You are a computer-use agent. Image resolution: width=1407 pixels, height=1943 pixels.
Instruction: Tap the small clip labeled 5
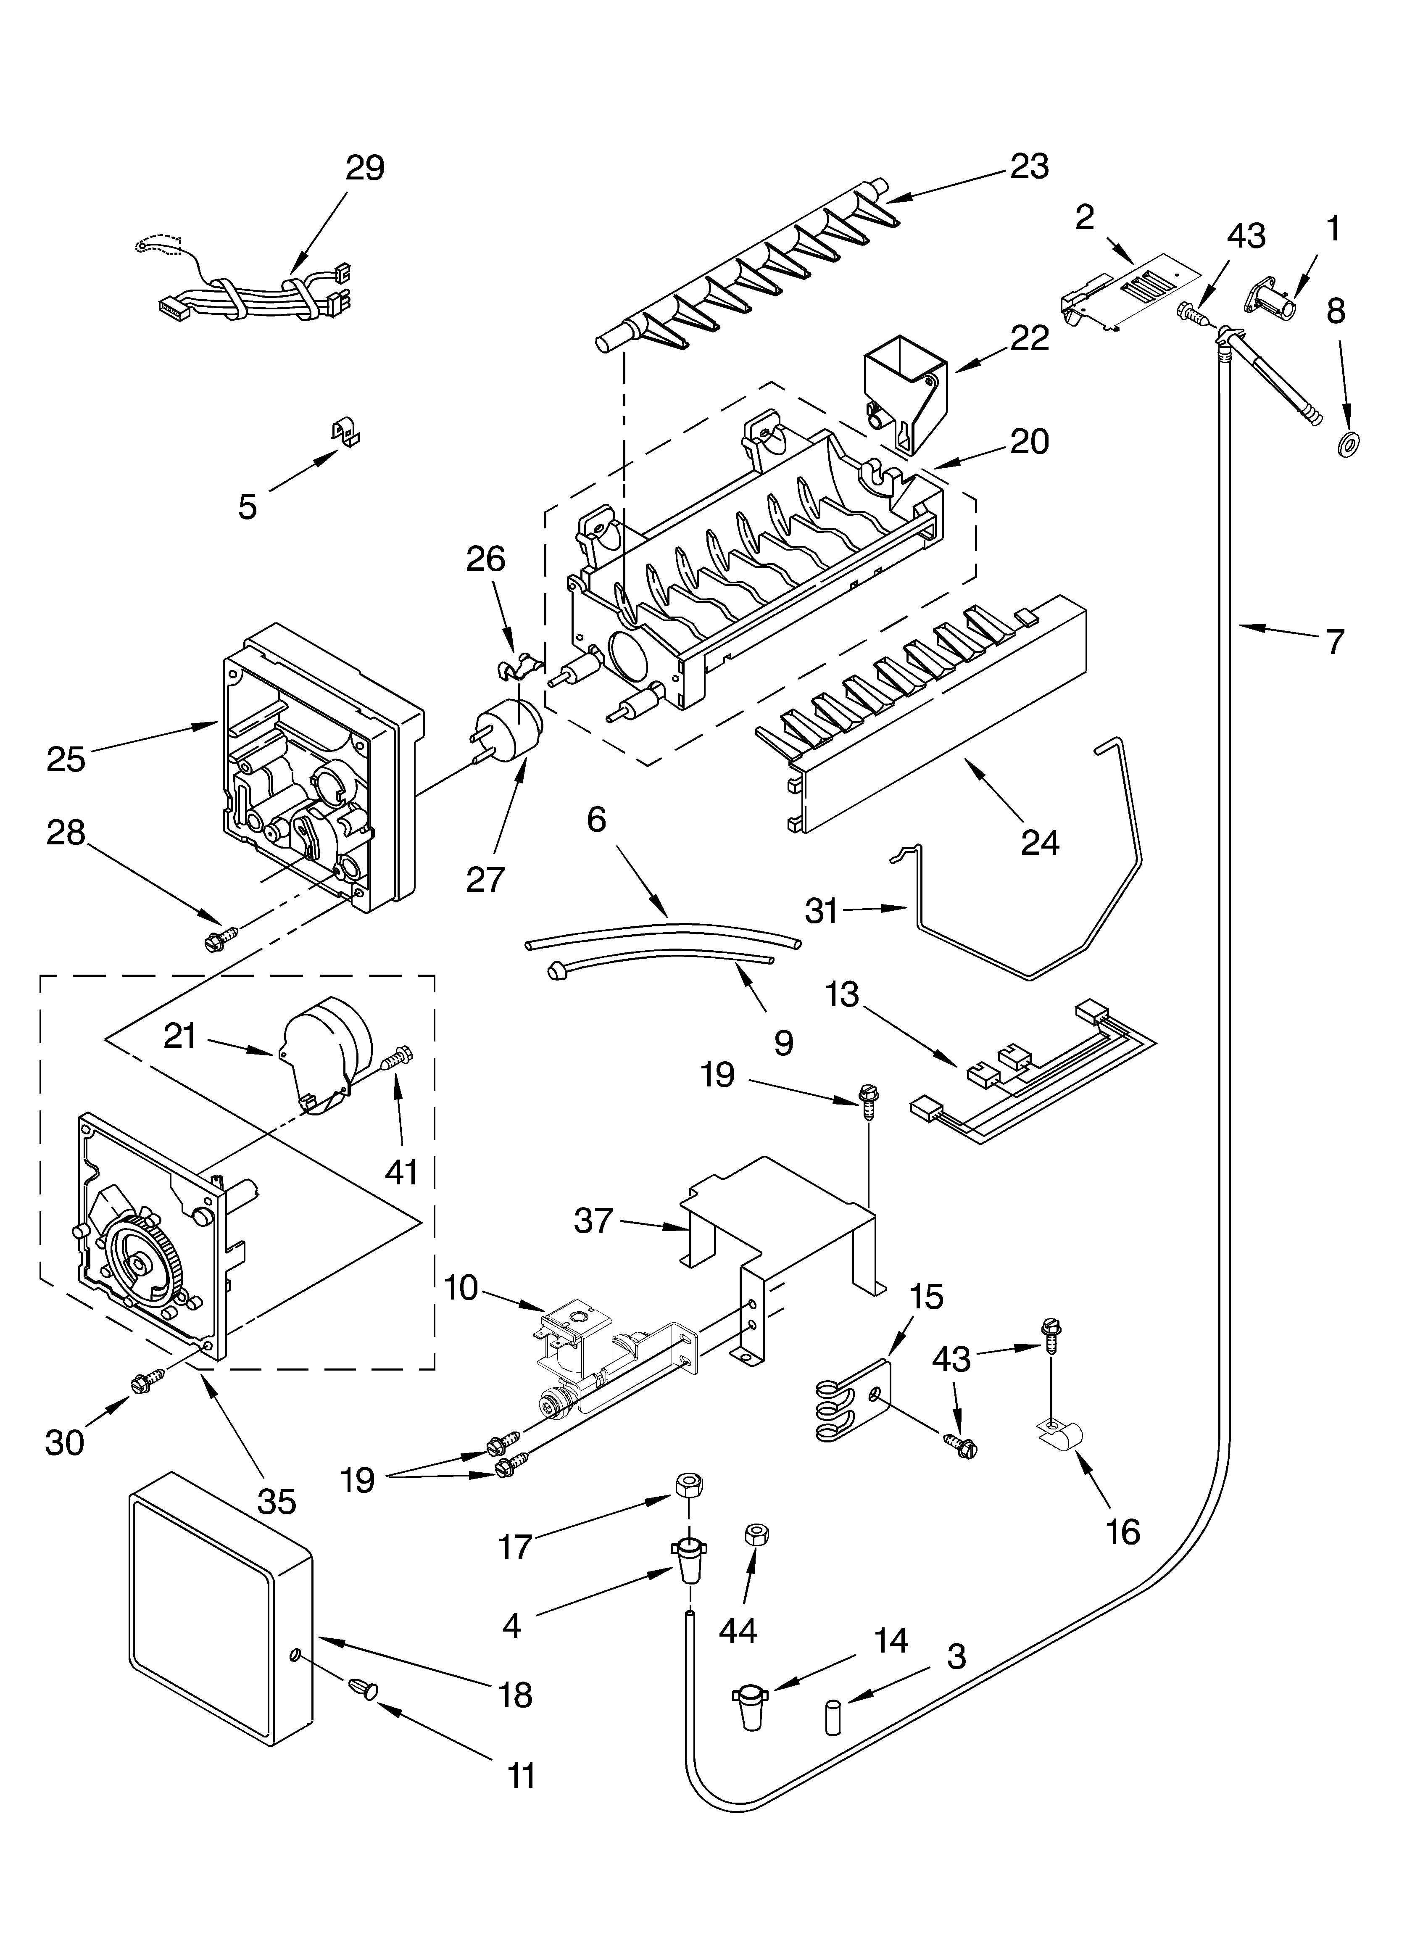(346, 433)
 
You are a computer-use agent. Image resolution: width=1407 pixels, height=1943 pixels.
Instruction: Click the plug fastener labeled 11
(361, 1685)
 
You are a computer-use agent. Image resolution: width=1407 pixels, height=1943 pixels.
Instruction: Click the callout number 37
(593, 1220)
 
